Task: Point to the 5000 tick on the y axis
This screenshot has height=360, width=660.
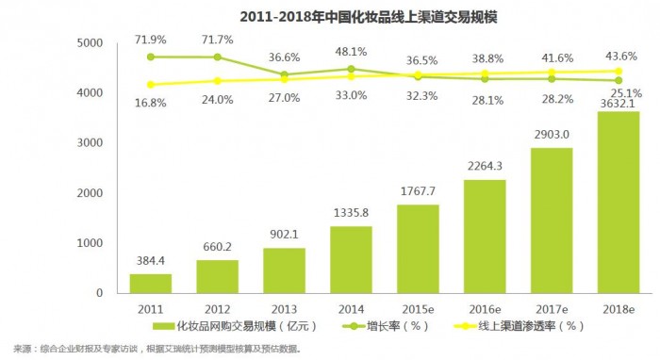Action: (x=91, y=43)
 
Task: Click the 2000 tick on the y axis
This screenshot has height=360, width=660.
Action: (x=91, y=193)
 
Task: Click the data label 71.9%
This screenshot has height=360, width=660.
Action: (x=151, y=41)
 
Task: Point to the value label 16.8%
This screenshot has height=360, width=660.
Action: (x=151, y=103)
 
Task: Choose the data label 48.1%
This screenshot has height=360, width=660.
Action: (x=351, y=52)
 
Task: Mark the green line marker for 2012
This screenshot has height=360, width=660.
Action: (x=219, y=57)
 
